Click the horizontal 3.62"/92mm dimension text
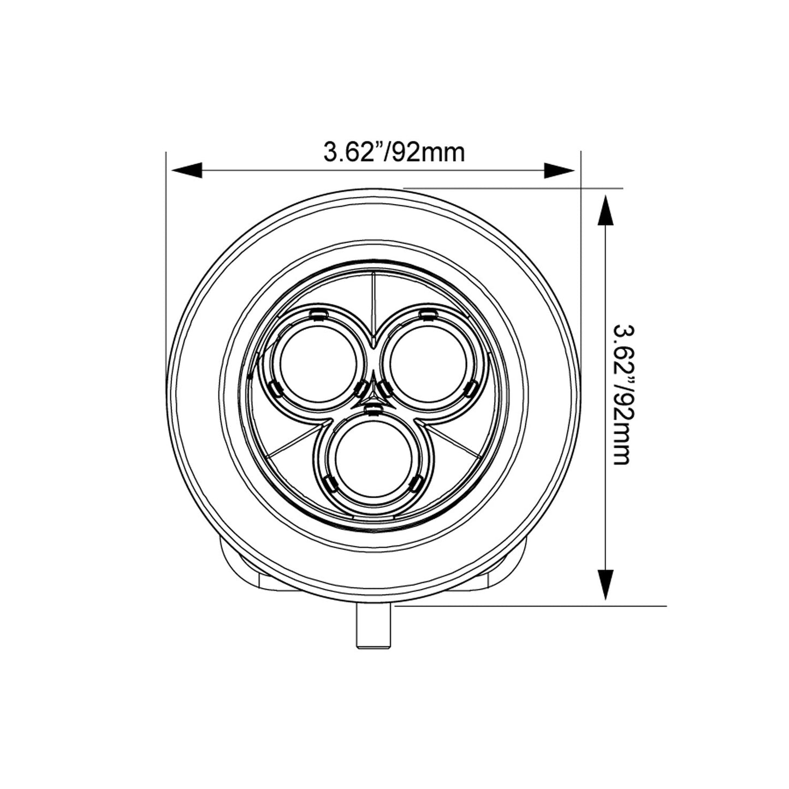tap(394, 152)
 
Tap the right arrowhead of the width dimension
tap(560, 170)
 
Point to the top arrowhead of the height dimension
tap(604, 211)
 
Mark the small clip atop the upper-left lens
tap(317, 313)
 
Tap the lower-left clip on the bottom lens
tap(329, 482)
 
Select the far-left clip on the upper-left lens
tap(274, 388)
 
